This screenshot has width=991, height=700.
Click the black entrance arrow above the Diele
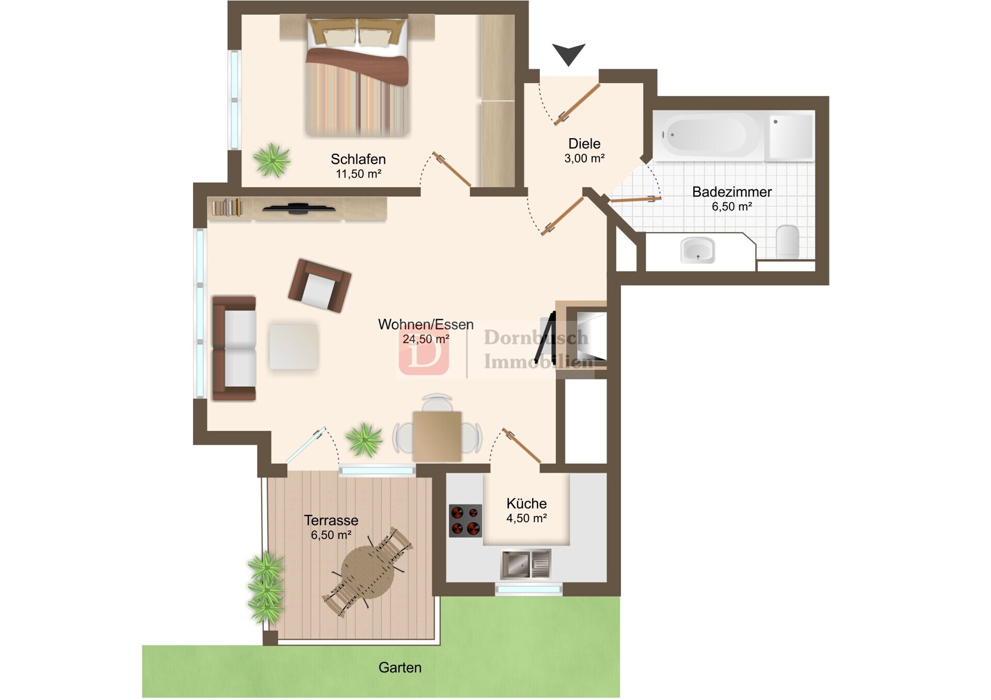coord(569,53)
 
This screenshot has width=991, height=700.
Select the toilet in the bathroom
coord(788,240)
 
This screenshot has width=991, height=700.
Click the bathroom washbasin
coord(698,250)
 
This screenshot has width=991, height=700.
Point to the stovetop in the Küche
coord(466,520)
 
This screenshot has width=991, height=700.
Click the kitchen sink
coord(526,563)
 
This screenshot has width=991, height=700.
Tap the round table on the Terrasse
coord(368,571)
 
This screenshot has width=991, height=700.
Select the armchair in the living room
coord(319,285)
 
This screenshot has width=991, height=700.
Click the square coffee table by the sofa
coord(293,346)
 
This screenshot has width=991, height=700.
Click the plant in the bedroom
coord(271,160)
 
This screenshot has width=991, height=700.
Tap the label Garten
coord(400,668)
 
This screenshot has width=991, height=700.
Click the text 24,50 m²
coord(426,339)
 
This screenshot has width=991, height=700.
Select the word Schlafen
coord(358,159)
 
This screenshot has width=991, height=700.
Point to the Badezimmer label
coord(732,192)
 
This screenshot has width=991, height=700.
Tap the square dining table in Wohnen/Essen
coord(437,436)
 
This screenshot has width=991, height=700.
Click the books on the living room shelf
coord(227,207)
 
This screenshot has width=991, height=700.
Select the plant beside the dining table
coord(364,440)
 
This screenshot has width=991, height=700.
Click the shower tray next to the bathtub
coord(790,136)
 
